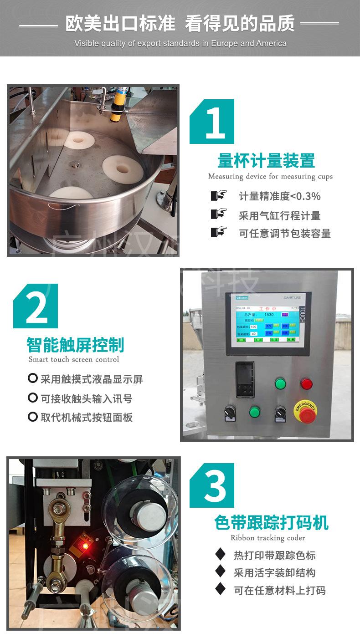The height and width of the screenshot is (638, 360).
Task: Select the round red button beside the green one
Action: (306, 383)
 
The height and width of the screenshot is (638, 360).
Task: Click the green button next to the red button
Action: (281, 383)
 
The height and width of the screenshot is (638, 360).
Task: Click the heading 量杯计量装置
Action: (266, 161)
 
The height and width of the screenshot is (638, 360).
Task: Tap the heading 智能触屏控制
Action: (75, 345)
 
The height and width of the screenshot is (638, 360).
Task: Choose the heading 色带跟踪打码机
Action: (271, 523)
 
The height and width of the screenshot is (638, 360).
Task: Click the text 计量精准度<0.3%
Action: (280, 196)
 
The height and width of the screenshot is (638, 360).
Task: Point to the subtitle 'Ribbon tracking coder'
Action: (267, 538)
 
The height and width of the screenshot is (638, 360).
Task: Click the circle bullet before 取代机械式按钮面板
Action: (32, 417)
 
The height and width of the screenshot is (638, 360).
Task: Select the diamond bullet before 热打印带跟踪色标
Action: (220, 554)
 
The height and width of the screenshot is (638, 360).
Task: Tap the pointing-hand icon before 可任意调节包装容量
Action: (219, 232)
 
